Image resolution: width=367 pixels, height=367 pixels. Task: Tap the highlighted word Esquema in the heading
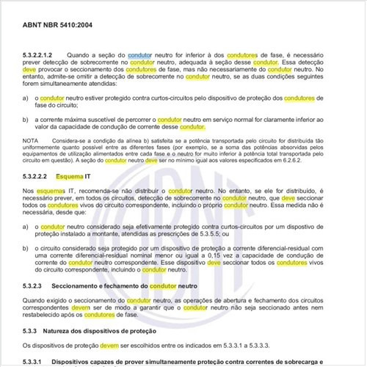point(70,177)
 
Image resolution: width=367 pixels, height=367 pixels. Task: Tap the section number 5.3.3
point(32,329)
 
